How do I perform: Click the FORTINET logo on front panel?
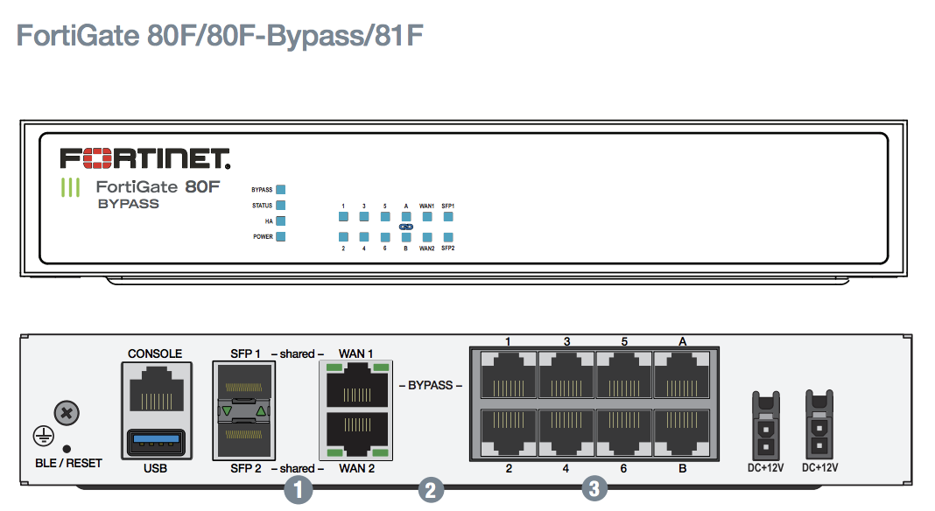(x=144, y=158)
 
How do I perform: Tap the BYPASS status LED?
(x=281, y=189)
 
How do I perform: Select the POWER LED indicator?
(x=281, y=236)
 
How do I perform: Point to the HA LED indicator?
(x=281, y=220)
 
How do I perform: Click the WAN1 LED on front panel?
(x=427, y=216)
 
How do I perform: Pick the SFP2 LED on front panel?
(x=448, y=237)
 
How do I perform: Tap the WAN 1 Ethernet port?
(x=356, y=386)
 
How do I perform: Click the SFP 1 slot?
(x=243, y=386)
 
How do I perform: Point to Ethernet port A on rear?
(x=682, y=377)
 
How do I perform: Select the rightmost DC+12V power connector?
(x=819, y=424)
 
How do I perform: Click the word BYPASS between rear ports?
(x=430, y=386)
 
